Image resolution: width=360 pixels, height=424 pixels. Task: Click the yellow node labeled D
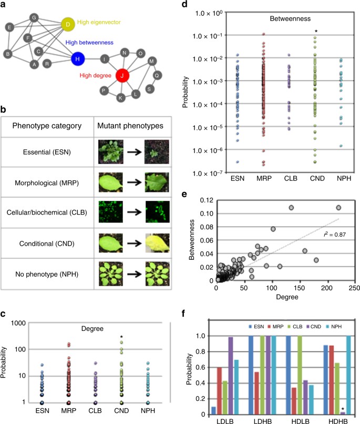[x=68, y=24]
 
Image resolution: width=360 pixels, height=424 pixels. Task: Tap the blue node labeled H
[x=77, y=59]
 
